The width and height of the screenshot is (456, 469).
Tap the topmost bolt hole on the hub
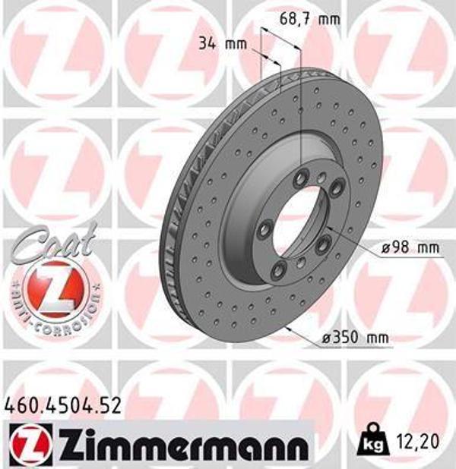(x=302, y=177)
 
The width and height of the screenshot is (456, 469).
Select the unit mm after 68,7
(x=329, y=18)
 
